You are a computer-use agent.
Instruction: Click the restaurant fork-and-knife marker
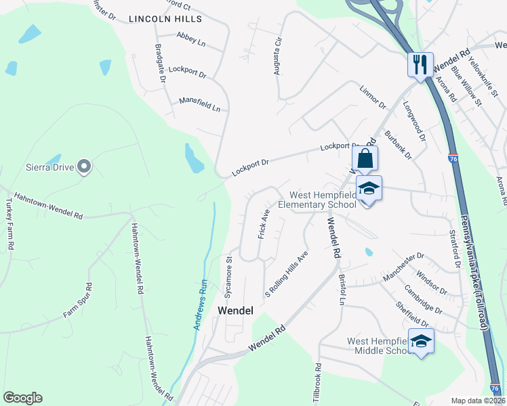[x=420, y=65]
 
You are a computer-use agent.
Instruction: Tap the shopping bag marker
[x=365, y=159]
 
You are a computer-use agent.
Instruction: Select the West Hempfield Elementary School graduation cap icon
[x=369, y=189]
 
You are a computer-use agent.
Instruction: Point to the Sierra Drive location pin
[x=84, y=166]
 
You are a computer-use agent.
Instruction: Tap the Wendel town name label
[x=235, y=311]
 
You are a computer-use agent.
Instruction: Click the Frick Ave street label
[x=264, y=223]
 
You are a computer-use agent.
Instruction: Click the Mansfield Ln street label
[x=200, y=104]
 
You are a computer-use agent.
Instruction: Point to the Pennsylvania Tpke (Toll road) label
[x=474, y=275]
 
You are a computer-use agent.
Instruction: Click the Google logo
[x=22, y=397]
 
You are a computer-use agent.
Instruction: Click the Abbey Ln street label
[x=190, y=40]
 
